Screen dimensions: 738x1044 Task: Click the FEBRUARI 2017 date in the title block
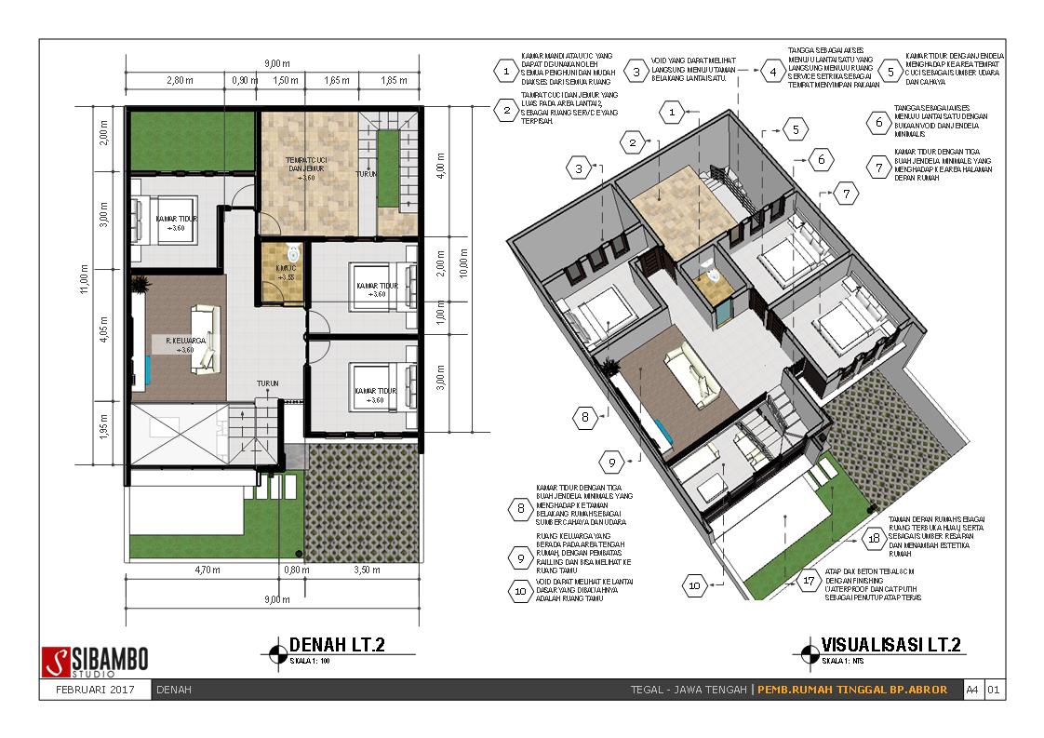pyautogui.click(x=95, y=690)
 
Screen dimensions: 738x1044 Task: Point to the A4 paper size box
pyautogui.click(x=971, y=690)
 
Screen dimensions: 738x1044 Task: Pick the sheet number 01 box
pyautogui.click(x=994, y=690)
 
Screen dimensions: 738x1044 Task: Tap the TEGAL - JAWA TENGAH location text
pyautogui.click(x=689, y=690)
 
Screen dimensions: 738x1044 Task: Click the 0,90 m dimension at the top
pyautogui.click(x=244, y=81)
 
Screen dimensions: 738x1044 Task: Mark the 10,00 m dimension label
pyautogui.click(x=462, y=268)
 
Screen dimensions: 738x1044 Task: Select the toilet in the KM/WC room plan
pyautogui.click(x=294, y=251)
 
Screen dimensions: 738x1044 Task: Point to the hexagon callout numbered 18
pyautogui.click(x=873, y=538)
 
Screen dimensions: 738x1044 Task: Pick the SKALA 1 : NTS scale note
pyautogui.click(x=841, y=661)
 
